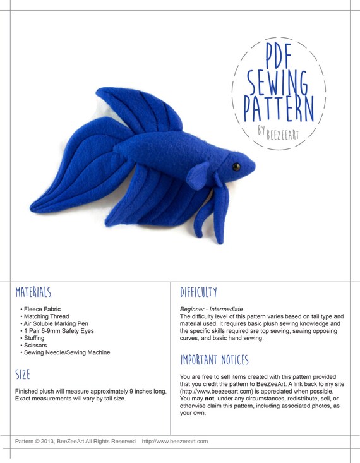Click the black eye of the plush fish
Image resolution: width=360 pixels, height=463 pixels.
click(236, 167)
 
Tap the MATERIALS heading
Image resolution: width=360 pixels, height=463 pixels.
click(33, 292)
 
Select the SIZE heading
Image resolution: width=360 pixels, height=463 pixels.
click(23, 375)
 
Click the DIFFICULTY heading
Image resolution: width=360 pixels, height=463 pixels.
click(198, 292)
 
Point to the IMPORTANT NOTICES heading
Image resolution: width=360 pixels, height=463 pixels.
click(214, 360)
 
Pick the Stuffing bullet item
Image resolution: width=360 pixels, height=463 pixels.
click(35, 338)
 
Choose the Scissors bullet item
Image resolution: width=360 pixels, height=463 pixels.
click(35, 346)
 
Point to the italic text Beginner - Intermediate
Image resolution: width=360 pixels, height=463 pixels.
click(211, 309)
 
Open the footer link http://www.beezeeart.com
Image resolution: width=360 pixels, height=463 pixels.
click(175, 442)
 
